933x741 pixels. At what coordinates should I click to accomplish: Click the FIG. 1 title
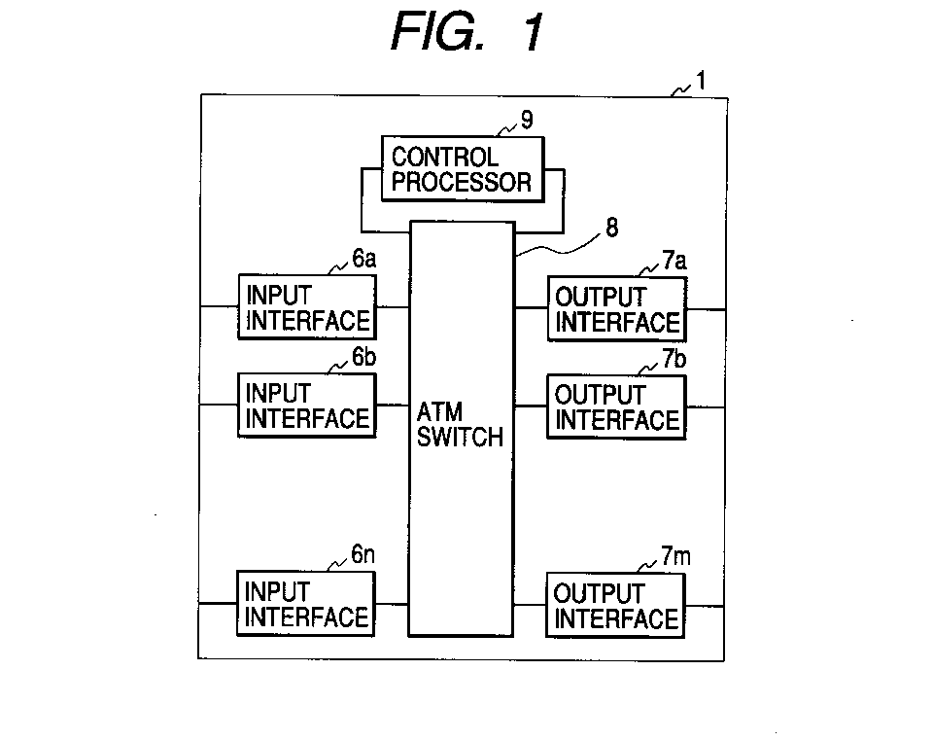pos(467,32)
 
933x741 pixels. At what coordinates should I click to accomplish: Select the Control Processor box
pos(463,169)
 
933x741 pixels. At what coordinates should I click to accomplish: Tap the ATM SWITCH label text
pos(460,424)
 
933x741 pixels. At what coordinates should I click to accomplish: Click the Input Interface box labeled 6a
pos(307,306)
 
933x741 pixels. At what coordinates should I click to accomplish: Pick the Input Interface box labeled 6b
pos(307,406)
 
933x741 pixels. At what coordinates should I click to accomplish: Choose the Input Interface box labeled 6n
pos(306,604)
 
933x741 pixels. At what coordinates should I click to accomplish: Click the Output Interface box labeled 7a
pos(617,309)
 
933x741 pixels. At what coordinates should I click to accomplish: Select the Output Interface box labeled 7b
pos(616,407)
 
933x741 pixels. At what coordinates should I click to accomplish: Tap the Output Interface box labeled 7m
pos(615,605)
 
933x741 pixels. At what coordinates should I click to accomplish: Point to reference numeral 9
pos(527,120)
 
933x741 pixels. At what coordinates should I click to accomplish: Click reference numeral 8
pos(611,228)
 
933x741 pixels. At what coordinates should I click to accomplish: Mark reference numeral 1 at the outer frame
pos(701,81)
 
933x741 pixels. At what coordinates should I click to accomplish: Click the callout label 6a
pos(364,259)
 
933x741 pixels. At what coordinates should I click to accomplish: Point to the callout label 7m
pos(676,556)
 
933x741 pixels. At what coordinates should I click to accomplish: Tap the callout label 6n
pos(363,554)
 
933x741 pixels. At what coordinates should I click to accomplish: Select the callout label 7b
pos(674,358)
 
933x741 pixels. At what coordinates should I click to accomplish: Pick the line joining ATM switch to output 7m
pos(530,605)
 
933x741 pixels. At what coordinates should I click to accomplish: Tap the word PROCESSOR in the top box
pos(461,182)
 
